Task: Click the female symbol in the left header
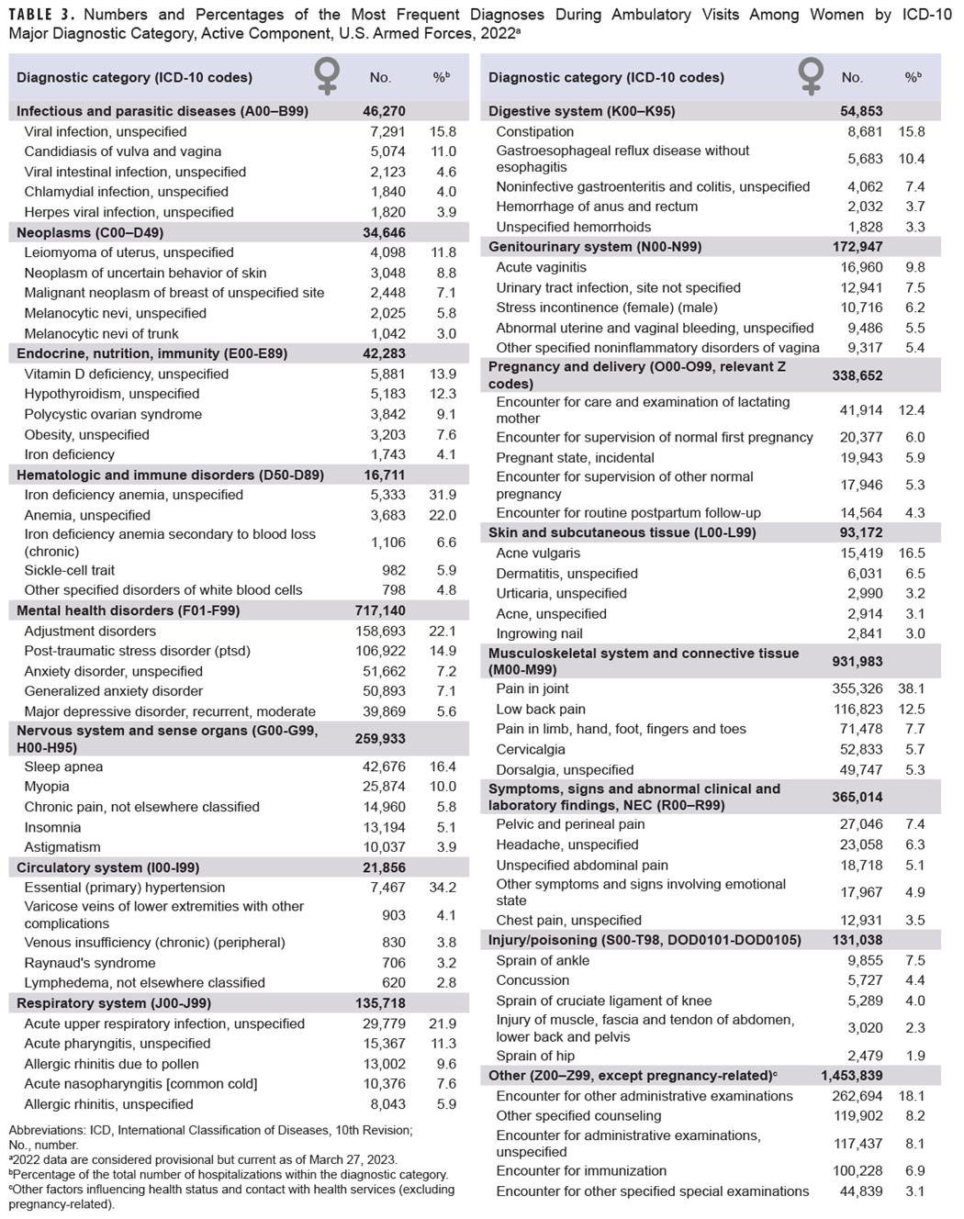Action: [327, 77]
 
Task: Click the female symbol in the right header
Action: [811, 77]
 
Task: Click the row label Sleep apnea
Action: [63, 766]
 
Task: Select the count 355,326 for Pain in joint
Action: [858, 688]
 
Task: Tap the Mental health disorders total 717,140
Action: [380, 610]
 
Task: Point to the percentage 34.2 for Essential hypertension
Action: [443, 888]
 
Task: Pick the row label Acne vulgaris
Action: [538, 554]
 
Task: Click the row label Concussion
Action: [532, 980]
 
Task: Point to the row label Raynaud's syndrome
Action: [90, 963]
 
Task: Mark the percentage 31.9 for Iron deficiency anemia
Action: [443, 495]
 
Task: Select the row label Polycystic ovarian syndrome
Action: [113, 414]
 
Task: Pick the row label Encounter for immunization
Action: [581, 1170]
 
